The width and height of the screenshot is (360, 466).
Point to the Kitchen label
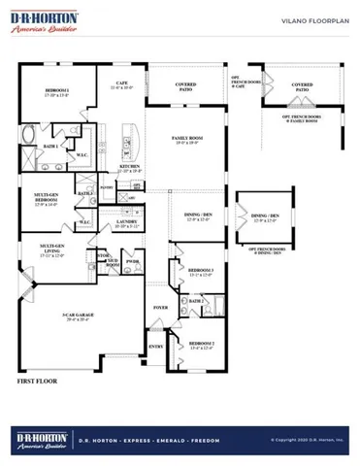[130, 168]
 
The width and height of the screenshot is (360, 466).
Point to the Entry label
[154, 345]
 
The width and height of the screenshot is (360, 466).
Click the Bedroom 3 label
[202, 271]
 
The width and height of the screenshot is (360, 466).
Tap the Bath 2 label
[195, 301]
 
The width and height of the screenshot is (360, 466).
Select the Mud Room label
[112, 262]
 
